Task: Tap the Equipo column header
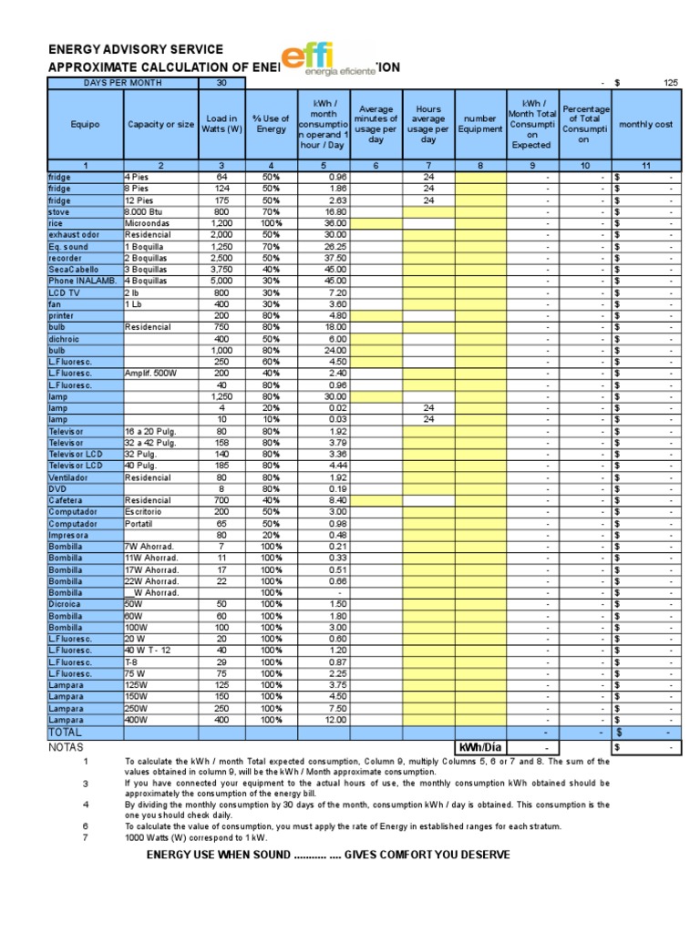pyautogui.click(x=83, y=125)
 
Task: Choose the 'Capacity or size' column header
pyautogui.click(x=160, y=125)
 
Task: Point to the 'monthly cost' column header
pyautogui.click(x=646, y=125)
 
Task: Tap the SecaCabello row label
pyautogui.click(x=73, y=270)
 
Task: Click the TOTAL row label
pyautogui.click(x=65, y=732)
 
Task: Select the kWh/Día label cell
pyautogui.click(x=480, y=747)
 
